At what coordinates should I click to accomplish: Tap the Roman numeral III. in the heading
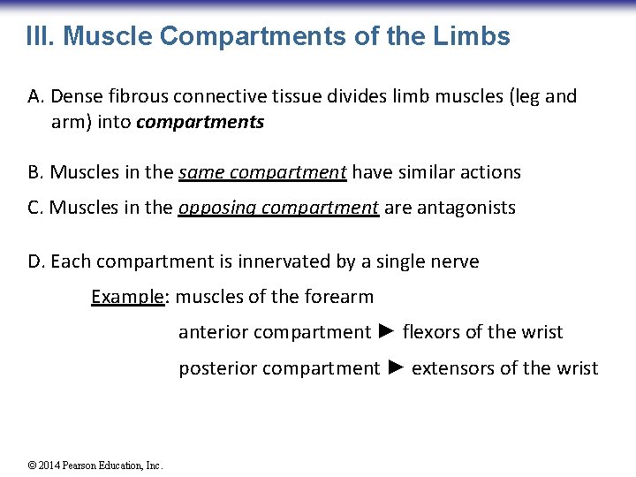pos(41,36)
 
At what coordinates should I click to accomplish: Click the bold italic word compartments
pos(201,123)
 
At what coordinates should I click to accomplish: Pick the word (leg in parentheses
pos(520,96)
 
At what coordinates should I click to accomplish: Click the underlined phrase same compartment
pos(262,172)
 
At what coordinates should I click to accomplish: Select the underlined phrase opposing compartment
pos(279,208)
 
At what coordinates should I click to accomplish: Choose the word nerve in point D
pos(455,261)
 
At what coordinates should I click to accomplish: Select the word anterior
pos(213,333)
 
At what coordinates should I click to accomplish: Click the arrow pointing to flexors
pos(386,332)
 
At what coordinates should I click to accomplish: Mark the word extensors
pos(452,368)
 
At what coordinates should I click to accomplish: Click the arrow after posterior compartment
pos(395,367)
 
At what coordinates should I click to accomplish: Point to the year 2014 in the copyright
pos(49,466)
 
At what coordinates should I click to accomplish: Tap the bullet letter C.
pos(35,208)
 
